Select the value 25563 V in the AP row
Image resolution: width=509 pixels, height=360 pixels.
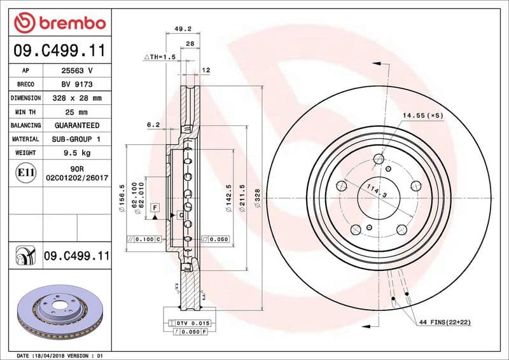click(x=77, y=71)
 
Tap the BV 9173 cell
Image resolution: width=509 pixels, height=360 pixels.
click(x=77, y=84)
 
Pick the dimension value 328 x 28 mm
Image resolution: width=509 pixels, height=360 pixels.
click(x=77, y=98)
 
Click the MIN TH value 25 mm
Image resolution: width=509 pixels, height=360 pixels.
click(x=77, y=112)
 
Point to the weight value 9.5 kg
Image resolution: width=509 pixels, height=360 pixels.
click(x=77, y=153)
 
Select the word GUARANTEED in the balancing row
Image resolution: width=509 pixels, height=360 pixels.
click(x=77, y=125)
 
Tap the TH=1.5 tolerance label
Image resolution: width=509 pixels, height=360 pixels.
click(x=160, y=57)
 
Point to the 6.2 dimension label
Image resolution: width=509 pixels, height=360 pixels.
click(x=153, y=125)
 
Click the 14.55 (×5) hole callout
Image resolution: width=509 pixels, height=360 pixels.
click(x=422, y=115)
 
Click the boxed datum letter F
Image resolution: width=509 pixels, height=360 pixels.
click(x=154, y=207)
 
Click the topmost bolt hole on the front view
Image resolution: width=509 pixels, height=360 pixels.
click(x=379, y=159)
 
